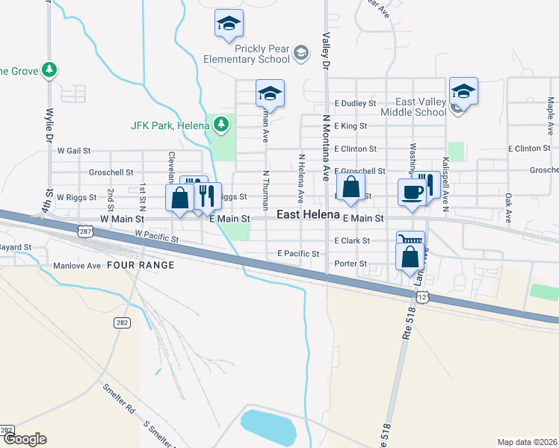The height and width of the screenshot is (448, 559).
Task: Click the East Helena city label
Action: (x=309, y=215)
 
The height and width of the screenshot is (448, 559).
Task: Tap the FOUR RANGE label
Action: (x=140, y=265)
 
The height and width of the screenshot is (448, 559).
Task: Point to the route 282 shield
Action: (x=122, y=323)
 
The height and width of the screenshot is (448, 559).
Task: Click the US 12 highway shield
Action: (x=422, y=297)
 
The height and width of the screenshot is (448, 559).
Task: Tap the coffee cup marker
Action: (x=412, y=192)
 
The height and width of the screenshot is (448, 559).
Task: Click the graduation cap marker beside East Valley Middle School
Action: (x=463, y=91)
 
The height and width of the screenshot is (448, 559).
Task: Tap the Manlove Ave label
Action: (x=76, y=265)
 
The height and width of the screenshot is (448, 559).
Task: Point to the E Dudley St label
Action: (x=354, y=103)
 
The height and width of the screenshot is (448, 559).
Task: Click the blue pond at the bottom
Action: (x=268, y=426)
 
